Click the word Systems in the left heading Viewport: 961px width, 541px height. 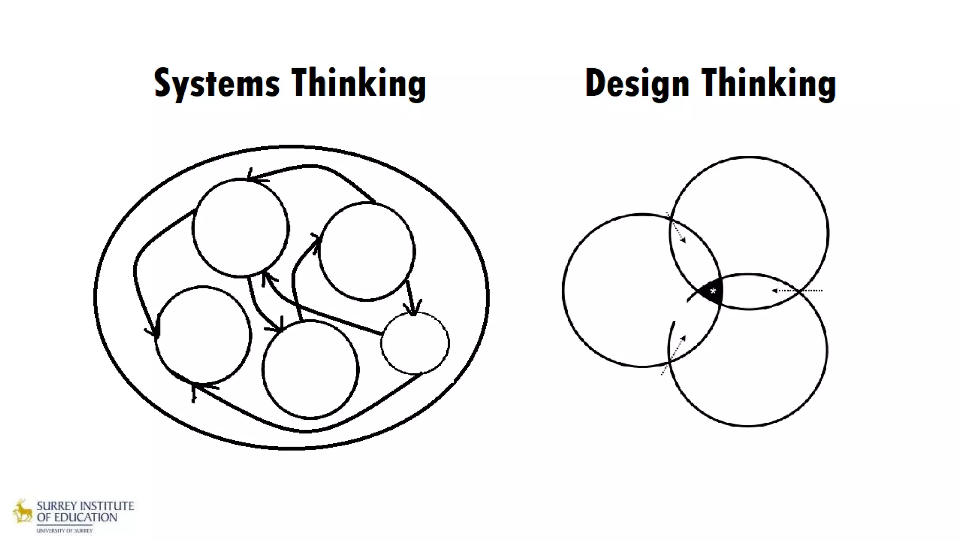coord(217,84)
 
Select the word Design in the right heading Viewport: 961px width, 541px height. coord(637,84)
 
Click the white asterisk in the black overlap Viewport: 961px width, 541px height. coord(713,292)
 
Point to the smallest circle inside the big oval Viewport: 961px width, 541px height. coord(415,343)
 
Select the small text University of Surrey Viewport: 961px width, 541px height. coord(65,531)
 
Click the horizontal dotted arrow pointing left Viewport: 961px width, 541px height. coord(796,291)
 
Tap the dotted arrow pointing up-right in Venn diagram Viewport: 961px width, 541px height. coord(674,354)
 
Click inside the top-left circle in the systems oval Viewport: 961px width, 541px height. coord(240,228)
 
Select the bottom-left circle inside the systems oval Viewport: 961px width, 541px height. coord(203,335)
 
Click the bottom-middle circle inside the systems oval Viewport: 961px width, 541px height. coord(310,369)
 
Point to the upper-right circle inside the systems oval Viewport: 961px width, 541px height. coord(366,251)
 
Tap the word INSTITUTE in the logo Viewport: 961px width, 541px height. coord(107,506)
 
